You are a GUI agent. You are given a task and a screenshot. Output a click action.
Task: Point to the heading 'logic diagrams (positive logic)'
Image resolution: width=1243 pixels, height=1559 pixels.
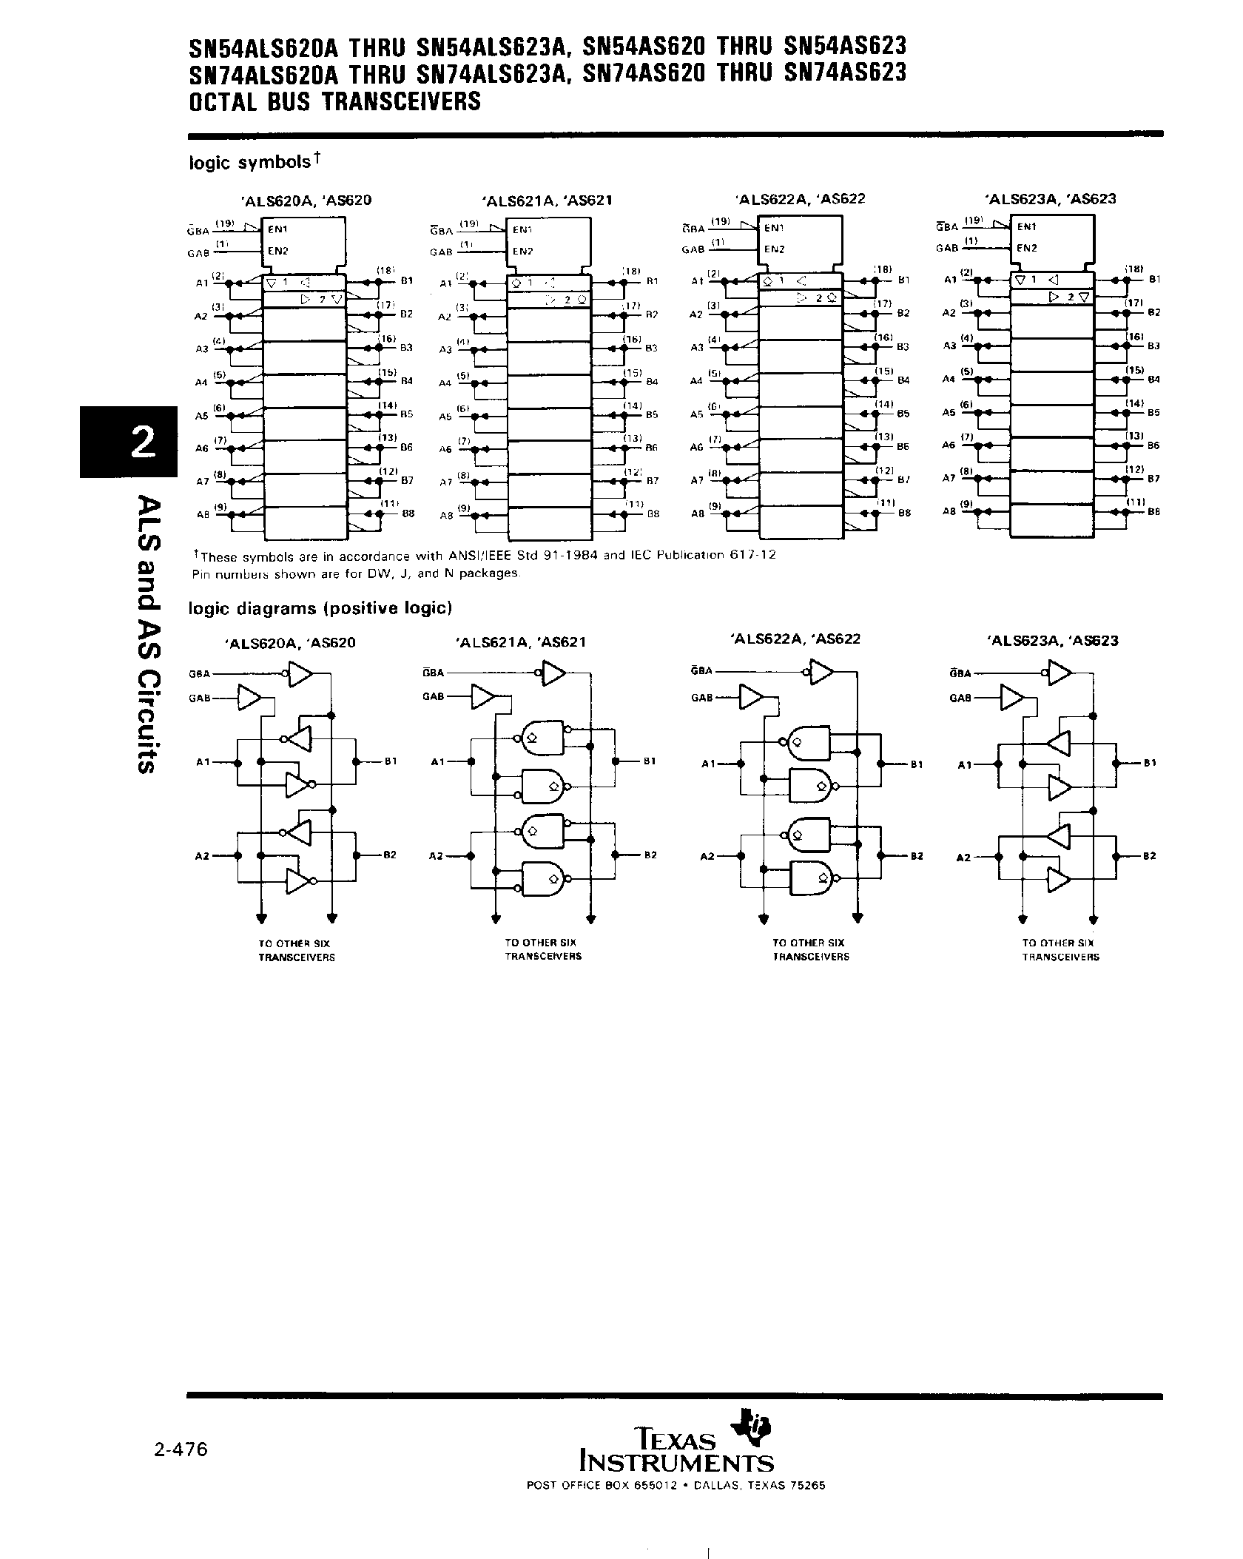[320, 608]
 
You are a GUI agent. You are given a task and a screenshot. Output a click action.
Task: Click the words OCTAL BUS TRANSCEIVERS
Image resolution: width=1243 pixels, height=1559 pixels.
[335, 101]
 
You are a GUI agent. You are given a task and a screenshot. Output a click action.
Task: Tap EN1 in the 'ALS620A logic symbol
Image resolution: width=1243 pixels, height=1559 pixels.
[278, 229]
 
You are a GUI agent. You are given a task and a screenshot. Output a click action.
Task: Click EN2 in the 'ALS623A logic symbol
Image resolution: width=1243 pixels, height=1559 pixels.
[1027, 248]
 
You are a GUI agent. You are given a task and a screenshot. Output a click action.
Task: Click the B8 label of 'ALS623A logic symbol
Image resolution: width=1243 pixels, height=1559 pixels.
[1153, 511]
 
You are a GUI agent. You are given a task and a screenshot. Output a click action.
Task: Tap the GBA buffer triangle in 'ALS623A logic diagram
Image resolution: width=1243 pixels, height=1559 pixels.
[1060, 673]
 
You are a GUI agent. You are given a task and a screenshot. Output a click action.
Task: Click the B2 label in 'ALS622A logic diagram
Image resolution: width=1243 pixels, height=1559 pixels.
[917, 855]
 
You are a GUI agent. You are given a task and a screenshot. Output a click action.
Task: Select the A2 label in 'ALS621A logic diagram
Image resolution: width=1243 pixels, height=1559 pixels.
[436, 855]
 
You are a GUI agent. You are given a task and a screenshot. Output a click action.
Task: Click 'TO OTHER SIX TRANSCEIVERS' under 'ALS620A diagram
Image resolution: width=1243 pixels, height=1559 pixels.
[296, 950]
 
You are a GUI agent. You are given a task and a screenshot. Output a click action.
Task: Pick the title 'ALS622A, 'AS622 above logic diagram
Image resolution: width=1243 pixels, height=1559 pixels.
[796, 639]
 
